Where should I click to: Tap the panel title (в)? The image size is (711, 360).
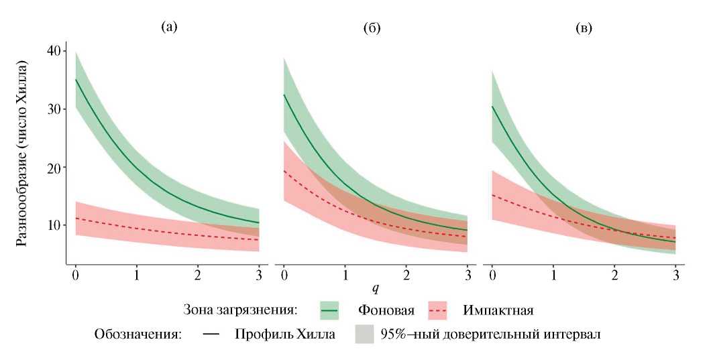point(584,29)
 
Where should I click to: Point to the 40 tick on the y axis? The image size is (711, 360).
point(54,51)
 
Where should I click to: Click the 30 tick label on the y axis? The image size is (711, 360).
point(54,109)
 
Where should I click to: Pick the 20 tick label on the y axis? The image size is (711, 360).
point(54,167)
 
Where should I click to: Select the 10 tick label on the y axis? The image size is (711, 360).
point(54,225)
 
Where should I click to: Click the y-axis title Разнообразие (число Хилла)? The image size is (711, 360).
point(23,154)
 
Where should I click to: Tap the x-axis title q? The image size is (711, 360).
point(376,289)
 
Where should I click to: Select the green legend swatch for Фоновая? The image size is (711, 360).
point(330,310)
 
